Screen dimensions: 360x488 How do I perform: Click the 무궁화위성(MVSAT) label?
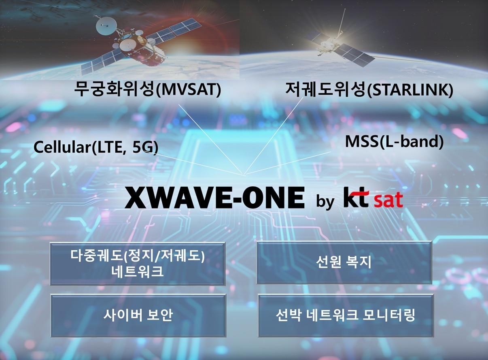[147, 89]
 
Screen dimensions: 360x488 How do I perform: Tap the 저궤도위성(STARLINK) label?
[369, 89]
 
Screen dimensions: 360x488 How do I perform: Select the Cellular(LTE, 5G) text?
[95, 147]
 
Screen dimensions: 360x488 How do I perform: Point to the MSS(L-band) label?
[394, 142]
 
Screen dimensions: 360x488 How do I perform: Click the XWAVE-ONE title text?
[214, 197]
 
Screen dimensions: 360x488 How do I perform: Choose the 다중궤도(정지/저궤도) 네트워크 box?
[138, 264]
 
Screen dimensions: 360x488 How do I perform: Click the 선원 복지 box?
[344, 262]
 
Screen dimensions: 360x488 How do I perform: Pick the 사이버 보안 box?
[138, 315]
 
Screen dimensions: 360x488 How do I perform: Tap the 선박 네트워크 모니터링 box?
[345, 315]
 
